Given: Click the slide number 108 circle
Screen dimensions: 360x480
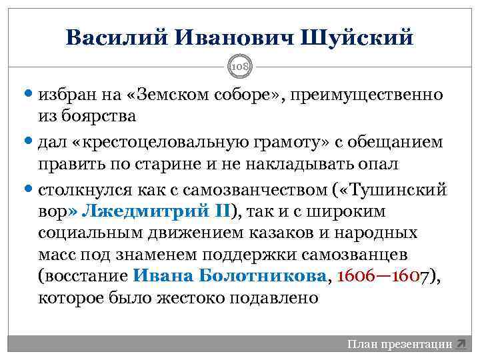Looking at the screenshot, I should (240, 67).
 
